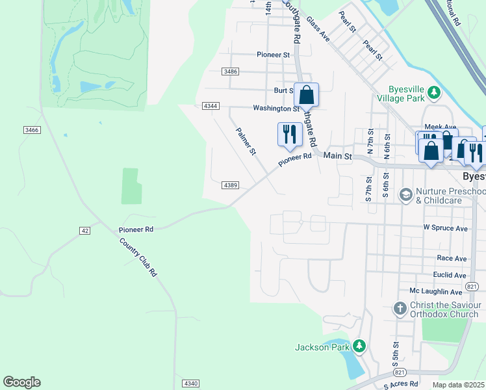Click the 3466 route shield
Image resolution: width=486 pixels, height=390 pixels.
pyautogui.click(x=32, y=131)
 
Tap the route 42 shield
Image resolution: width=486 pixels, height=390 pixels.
pyautogui.click(x=85, y=231)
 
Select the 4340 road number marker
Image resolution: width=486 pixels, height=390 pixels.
pyautogui.click(x=190, y=383)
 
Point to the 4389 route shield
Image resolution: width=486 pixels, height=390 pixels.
pyautogui.click(x=230, y=185)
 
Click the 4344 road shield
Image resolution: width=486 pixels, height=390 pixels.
pyautogui.click(x=211, y=105)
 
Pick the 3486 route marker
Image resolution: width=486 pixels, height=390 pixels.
pyautogui.click(x=230, y=71)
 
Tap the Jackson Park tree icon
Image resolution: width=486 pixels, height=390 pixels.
pyautogui.click(x=358, y=346)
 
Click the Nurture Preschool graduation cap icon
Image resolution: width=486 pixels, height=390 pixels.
pyautogui.click(x=406, y=194)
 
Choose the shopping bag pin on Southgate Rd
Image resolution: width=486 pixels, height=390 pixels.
pyautogui.click(x=306, y=96)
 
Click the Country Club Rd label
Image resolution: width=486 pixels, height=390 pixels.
pyautogui.click(x=138, y=257)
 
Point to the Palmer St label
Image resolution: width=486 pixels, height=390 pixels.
pyautogui.click(x=246, y=141)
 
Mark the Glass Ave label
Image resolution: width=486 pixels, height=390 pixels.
pyautogui.click(x=318, y=29)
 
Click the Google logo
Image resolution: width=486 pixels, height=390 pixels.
pyautogui.click(x=21, y=382)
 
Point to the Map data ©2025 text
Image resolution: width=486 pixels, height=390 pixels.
pyautogui.click(x=458, y=385)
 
